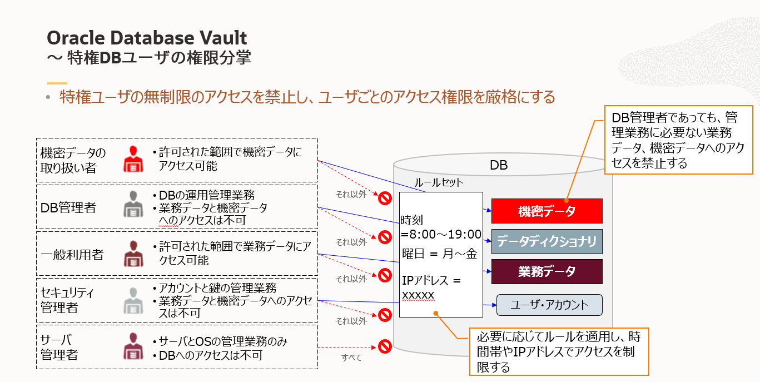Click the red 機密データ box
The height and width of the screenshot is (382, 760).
point(547,211)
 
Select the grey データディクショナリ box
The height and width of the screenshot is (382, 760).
point(547,241)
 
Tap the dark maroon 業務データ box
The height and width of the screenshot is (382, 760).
point(547,271)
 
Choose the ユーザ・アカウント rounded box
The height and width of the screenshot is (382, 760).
point(549,305)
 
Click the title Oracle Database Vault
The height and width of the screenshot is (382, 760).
point(147,38)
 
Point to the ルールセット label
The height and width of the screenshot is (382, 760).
point(439,182)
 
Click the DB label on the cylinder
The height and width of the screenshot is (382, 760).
point(498,165)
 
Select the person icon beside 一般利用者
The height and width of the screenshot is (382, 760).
point(132,254)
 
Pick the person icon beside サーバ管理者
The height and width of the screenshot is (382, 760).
point(132,346)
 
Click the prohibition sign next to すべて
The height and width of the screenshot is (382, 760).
point(384,346)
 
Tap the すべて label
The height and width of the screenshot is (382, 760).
point(351,358)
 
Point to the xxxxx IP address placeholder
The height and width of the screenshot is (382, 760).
point(418,295)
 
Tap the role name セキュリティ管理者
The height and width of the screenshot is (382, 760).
point(67,300)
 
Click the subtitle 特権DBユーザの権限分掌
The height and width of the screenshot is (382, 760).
point(158,58)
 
